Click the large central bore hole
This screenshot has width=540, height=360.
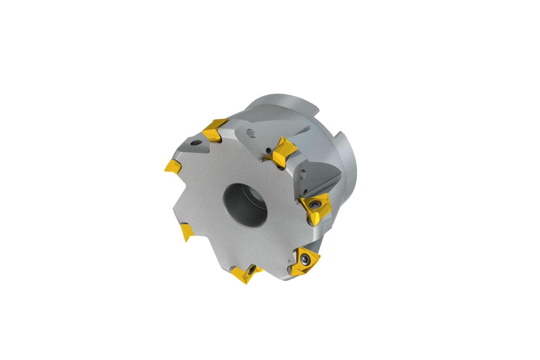[245, 204]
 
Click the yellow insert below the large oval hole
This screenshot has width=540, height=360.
[282, 152]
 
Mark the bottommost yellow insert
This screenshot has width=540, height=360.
[245, 274]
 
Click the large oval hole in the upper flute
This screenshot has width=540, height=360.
[251, 133]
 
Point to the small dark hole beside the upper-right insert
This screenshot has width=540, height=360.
[268, 150]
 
